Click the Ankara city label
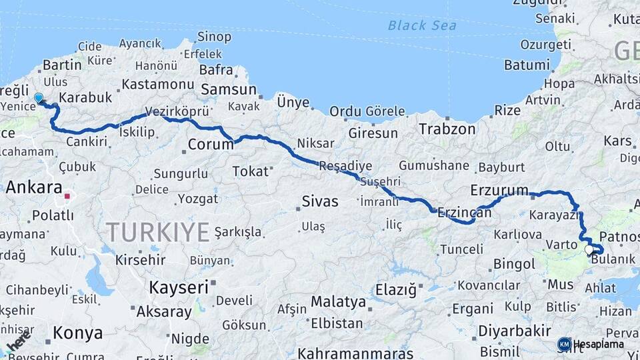tap(34, 187)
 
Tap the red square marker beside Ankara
tap(67, 196)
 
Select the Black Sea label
tap(422, 25)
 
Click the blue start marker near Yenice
tap(39, 98)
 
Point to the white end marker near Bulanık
tap(589, 249)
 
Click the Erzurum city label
tap(499, 190)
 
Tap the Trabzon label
tap(447, 129)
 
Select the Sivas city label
tap(320, 201)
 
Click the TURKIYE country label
tap(158, 232)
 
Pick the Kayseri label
tap(179, 287)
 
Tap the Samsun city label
tap(229, 90)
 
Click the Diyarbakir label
tap(515, 331)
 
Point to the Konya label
tap(78, 333)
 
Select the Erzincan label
tap(465, 213)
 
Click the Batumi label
tap(527, 65)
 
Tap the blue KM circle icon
tap(564, 344)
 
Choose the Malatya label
tap(338, 301)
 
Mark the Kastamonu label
tap(157, 84)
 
